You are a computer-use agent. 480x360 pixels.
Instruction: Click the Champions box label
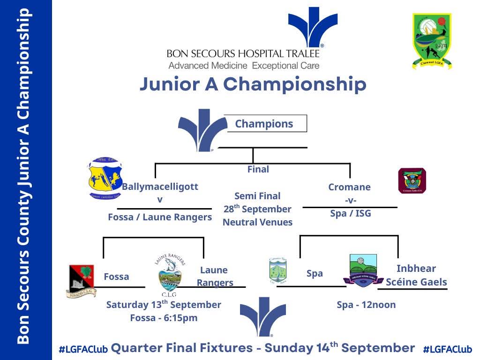[264, 124]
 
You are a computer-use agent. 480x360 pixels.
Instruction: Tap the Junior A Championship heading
[253, 84]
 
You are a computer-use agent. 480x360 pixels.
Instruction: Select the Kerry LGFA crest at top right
[432, 41]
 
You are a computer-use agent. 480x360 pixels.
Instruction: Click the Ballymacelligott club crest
[105, 178]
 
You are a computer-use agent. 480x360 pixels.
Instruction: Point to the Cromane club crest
[412, 181]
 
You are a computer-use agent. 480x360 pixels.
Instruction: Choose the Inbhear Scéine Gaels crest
[363, 270]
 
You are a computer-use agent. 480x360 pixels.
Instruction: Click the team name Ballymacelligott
[160, 187]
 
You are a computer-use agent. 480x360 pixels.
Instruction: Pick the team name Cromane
[349, 187]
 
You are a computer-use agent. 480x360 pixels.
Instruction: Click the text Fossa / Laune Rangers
[160, 217]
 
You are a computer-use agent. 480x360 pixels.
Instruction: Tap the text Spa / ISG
[350, 214]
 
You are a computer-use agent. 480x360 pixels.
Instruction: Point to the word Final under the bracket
[258, 169]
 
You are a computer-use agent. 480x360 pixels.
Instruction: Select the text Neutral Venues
[257, 222]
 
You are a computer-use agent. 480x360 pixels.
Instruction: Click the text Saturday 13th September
[164, 304]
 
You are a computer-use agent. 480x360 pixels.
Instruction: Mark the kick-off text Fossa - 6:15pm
[164, 318]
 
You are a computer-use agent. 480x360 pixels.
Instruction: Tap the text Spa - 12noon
[366, 305]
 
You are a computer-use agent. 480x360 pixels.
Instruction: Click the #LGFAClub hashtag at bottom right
[447, 349]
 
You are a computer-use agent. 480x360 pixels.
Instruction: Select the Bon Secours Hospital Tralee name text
[243, 54]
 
